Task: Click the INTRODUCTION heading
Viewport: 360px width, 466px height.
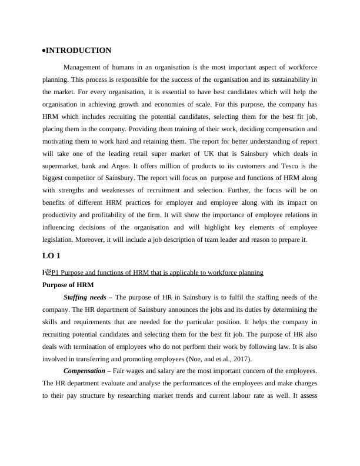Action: (78, 51)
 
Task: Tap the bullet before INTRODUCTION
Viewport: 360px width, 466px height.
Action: (44, 51)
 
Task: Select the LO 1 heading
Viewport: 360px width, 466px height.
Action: (51, 256)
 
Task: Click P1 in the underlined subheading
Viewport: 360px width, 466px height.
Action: (56, 272)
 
